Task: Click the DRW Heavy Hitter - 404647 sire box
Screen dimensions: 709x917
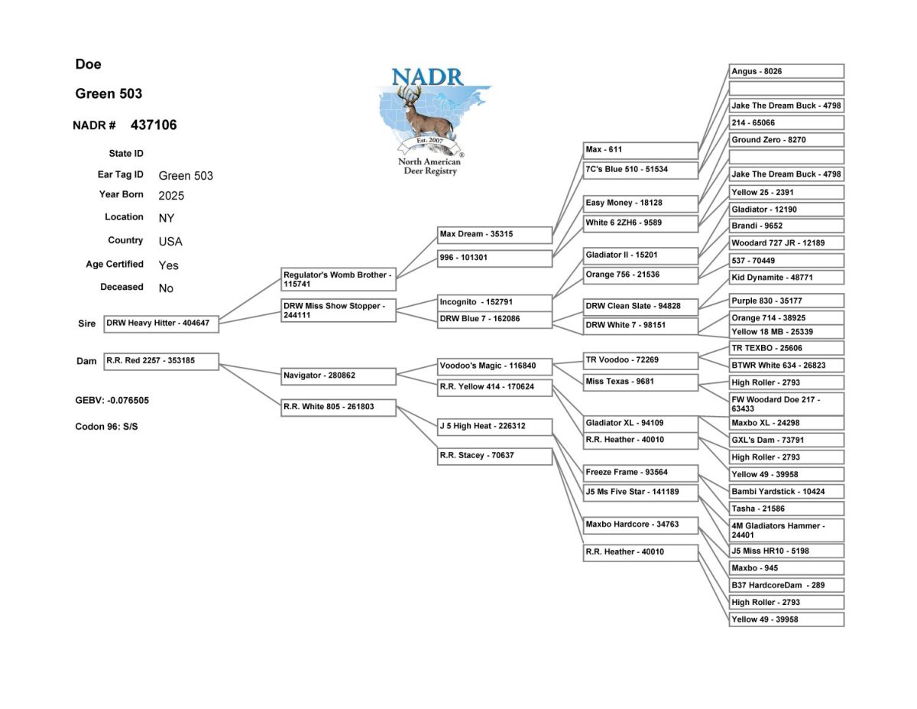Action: click(161, 324)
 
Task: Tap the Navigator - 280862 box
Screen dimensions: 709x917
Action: click(339, 376)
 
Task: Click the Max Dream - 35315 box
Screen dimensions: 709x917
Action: click(494, 234)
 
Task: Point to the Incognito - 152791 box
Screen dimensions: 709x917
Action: click(494, 302)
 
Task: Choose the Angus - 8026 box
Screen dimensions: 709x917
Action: click(786, 72)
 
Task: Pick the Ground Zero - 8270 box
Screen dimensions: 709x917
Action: click(786, 141)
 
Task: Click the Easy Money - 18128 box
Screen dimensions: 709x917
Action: click(640, 203)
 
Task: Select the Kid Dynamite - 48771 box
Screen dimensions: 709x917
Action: click(786, 278)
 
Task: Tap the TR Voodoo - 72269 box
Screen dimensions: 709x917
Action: click(640, 359)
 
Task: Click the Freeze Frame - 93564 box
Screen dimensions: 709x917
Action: click(640, 473)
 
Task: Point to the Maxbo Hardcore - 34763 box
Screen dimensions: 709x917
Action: click(640, 525)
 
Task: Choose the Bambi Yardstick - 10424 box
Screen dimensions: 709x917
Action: click(786, 492)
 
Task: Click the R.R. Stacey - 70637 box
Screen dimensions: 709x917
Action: click(494, 456)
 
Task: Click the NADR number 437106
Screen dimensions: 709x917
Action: click(153, 125)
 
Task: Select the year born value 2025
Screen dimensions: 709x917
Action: click(171, 196)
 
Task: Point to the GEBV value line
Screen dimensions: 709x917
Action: click(106, 400)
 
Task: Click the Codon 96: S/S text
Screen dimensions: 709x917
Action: click(106, 426)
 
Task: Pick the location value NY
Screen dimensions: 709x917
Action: click(167, 218)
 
